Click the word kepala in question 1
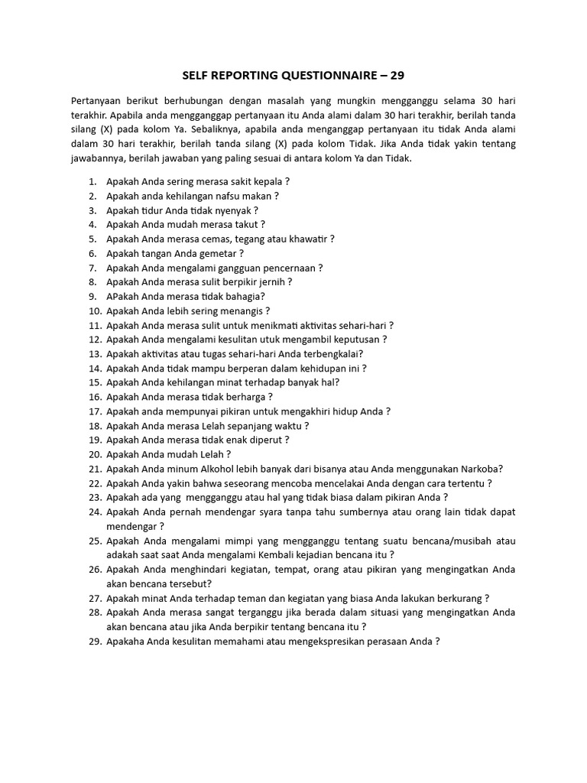(x=266, y=181)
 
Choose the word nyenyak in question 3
(x=233, y=210)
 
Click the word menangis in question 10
(x=240, y=310)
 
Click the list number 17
(x=95, y=411)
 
